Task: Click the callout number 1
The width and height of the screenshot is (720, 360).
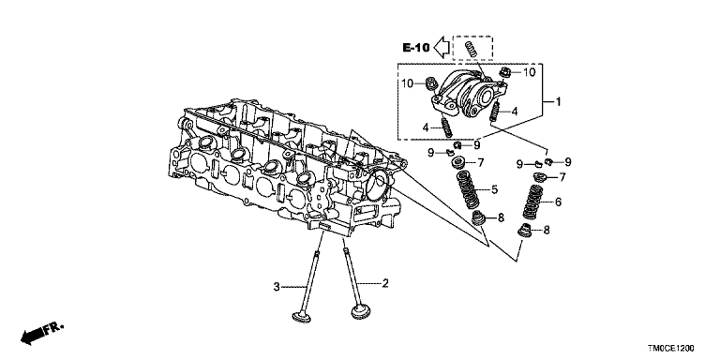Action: (x=559, y=102)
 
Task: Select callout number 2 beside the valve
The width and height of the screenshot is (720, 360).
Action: (x=385, y=283)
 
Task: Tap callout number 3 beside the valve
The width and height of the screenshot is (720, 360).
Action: (x=277, y=287)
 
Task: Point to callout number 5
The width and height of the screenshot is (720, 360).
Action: (x=495, y=188)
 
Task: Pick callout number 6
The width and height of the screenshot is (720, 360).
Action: (x=558, y=202)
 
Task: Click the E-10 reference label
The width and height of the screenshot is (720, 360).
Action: (x=416, y=47)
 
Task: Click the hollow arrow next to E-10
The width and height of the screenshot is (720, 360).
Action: (x=442, y=46)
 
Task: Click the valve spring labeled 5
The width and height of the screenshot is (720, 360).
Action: (x=468, y=189)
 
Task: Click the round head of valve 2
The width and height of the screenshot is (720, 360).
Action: (x=361, y=313)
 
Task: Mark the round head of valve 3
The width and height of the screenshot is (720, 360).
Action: (x=302, y=317)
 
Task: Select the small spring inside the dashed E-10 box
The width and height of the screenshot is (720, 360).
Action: (x=472, y=49)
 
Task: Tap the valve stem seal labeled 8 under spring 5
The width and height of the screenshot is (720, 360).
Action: (x=479, y=217)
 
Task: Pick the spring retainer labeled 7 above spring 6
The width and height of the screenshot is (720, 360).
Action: (x=540, y=177)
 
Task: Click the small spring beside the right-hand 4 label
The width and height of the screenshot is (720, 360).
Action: (x=495, y=112)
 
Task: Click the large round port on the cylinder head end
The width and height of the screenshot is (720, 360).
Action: (x=379, y=183)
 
